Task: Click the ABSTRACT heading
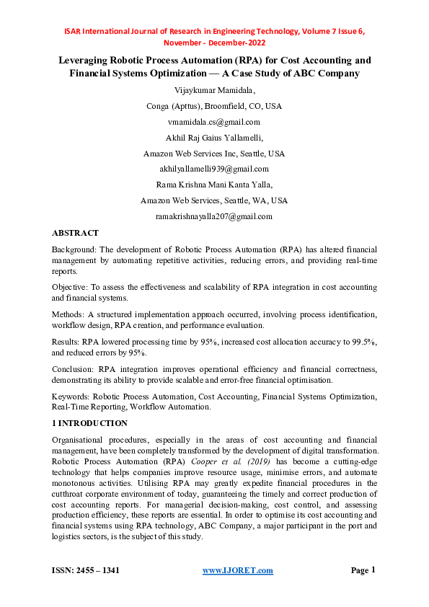tap(75, 234)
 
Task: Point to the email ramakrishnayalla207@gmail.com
tap(213, 216)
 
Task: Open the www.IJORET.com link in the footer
tap(237, 570)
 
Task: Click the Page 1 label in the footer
tap(363, 570)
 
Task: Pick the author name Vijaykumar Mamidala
tap(213, 90)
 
